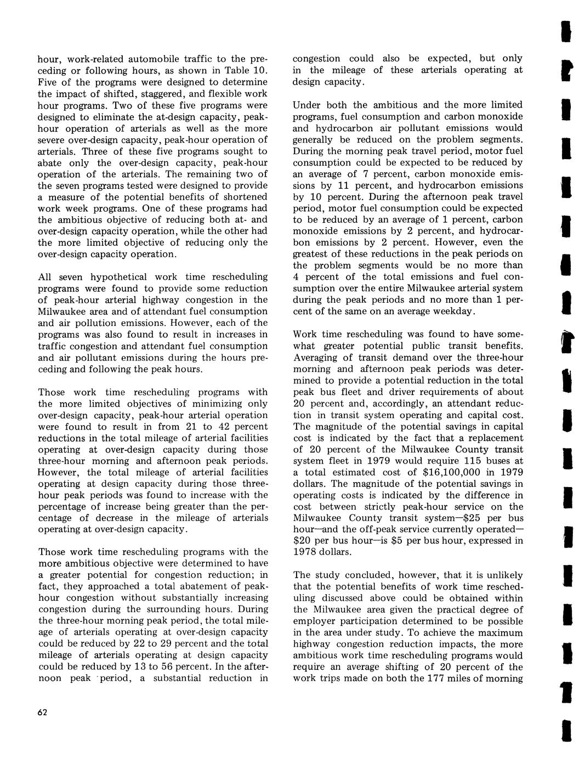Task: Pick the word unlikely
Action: pyautogui.click(x=502, y=575)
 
